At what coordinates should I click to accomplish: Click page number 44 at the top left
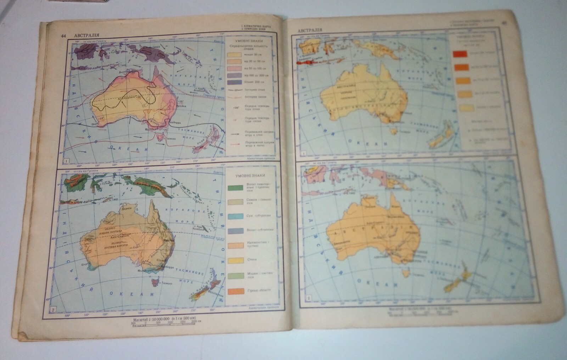(64, 35)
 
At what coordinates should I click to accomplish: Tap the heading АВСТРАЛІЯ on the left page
(86, 35)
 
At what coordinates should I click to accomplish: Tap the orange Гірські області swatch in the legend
(236, 291)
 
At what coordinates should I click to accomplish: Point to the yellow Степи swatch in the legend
(236, 261)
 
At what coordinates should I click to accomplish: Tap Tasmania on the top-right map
(392, 131)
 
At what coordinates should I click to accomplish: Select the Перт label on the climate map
(94, 124)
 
